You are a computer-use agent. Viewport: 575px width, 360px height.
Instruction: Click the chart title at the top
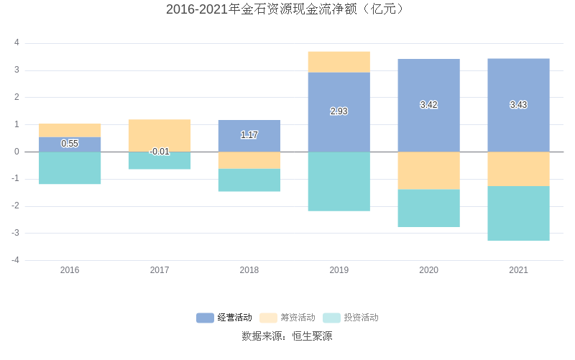(287, 9)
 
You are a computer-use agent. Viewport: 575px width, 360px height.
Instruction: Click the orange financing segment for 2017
(160, 135)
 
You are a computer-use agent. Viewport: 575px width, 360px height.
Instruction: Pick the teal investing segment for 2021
(519, 213)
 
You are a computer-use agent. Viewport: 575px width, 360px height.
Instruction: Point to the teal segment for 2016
(70, 168)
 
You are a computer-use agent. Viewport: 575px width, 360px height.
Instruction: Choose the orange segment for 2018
(249, 160)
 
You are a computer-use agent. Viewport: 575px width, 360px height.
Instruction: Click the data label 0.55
(70, 144)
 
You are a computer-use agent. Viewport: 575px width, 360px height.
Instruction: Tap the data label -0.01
(160, 152)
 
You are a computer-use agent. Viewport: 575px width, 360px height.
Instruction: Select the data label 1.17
(249, 135)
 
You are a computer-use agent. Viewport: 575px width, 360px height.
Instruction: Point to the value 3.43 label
(519, 105)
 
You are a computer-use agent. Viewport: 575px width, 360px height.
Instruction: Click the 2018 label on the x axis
(249, 271)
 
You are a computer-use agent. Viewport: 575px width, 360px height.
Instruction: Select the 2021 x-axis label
(519, 271)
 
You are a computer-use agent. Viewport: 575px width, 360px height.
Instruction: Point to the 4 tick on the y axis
(17, 43)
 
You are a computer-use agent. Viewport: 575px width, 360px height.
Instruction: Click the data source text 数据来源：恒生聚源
(287, 336)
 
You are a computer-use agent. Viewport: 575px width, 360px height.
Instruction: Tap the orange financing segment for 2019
(339, 62)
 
